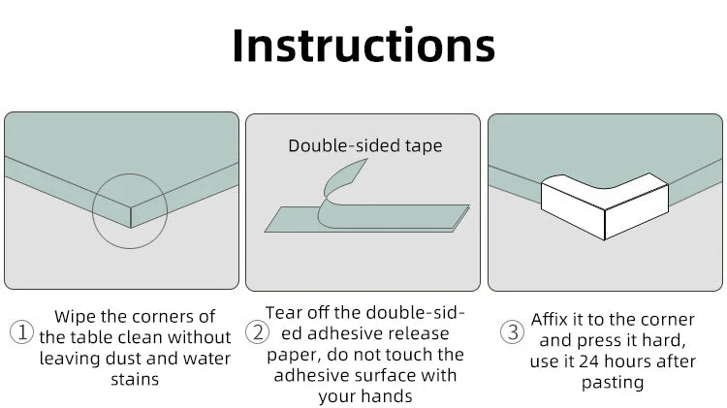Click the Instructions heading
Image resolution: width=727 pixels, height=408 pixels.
pos(363,45)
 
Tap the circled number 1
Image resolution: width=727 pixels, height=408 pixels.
pos(21,332)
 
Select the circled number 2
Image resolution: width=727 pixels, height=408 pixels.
pos(257,332)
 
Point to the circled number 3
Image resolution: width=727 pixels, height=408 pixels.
pos(513,332)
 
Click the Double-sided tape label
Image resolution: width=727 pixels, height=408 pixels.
pos(365,145)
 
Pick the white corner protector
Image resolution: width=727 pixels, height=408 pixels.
pos(605,205)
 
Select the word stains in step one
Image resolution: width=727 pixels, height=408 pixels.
pos(135,379)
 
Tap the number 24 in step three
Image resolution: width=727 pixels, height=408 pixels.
pos(588,361)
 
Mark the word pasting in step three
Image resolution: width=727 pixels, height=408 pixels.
pos(613,383)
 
